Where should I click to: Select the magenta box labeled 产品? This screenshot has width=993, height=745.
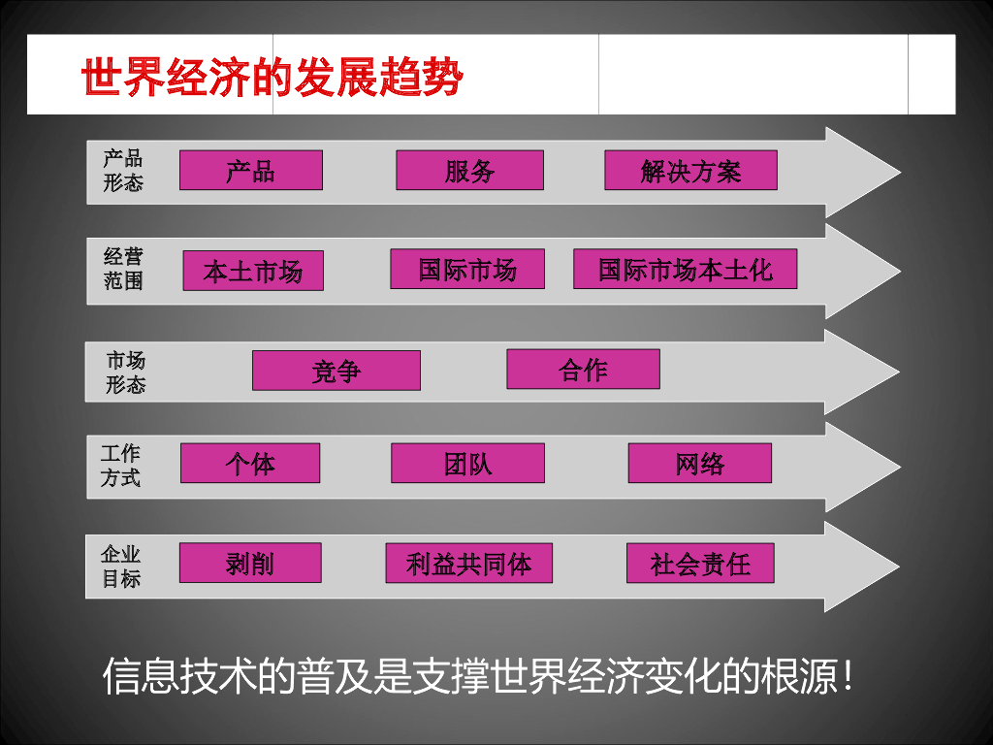click(251, 171)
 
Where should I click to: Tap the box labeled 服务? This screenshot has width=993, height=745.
click(469, 171)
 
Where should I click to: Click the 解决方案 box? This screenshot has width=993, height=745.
click(690, 171)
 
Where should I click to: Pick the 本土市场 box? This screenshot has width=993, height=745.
click(253, 271)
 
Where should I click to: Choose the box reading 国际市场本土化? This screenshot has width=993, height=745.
click(685, 269)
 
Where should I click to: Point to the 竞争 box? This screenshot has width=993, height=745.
click(336, 371)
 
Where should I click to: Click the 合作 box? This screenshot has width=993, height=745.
click(583, 370)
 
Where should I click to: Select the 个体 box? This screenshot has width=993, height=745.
click(250, 464)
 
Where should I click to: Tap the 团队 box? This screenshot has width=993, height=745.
click(467, 464)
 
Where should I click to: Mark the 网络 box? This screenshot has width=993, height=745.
click(699, 464)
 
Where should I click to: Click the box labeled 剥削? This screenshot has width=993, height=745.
click(250, 563)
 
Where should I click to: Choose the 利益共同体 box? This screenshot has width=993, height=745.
click(468, 563)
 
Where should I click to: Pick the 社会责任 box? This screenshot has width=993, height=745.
click(699, 563)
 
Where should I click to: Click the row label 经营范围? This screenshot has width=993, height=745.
click(123, 269)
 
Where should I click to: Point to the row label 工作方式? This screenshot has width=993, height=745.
click(120, 466)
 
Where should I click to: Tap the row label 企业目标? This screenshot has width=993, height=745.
click(121, 567)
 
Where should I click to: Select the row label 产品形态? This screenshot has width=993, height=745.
click(123, 170)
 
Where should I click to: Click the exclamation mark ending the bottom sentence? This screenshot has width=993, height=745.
click(849, 678)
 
